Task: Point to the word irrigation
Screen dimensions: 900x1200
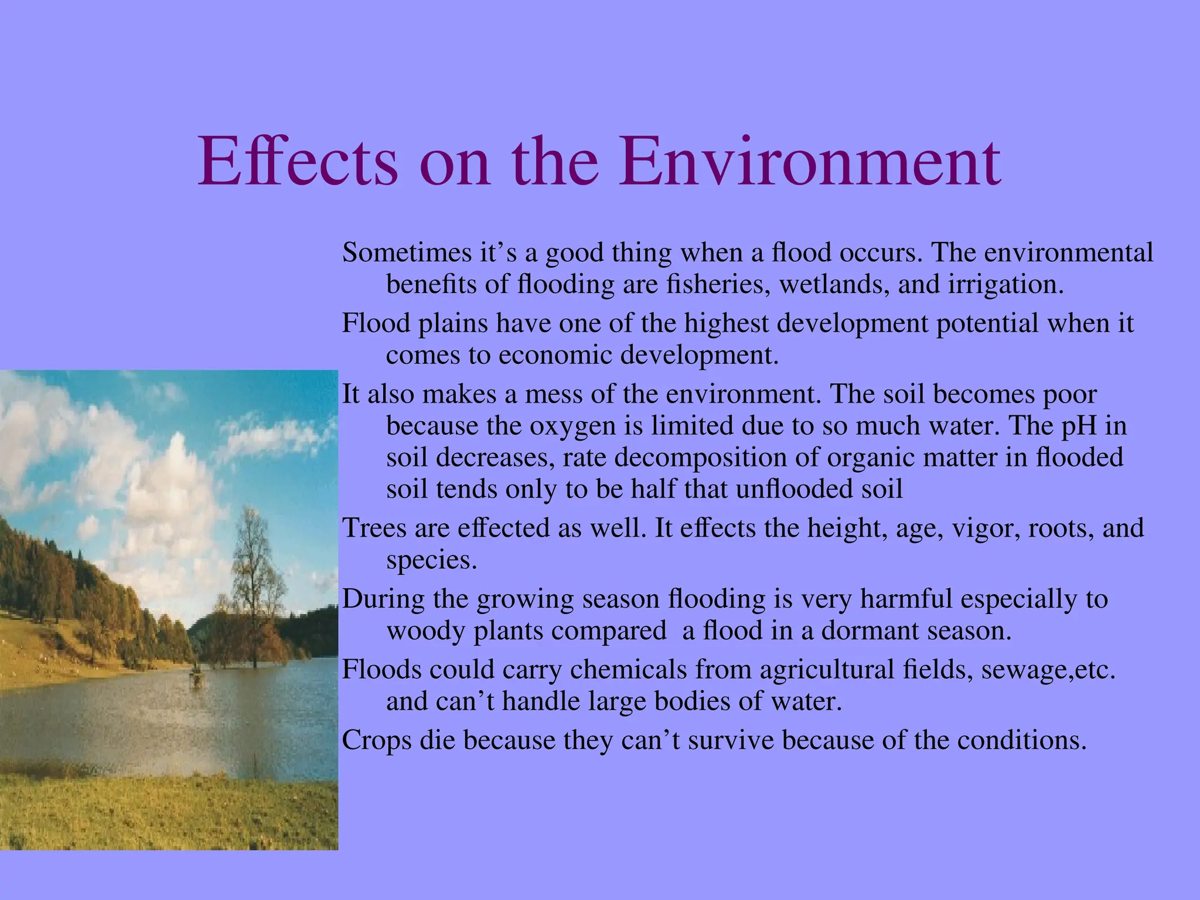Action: point(1005,285)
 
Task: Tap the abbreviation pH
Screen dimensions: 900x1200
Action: point(1079,425)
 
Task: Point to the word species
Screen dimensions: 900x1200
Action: point(431,561)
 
